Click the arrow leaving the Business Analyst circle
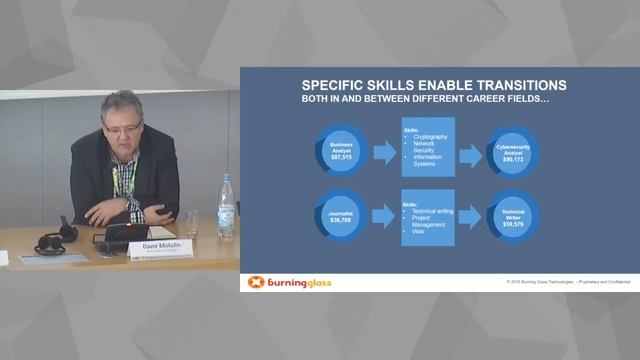pos(384,154)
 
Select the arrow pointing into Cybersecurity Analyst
pos(471,154)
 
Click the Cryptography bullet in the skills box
pos(430,136)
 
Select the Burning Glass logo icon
pos(256,282)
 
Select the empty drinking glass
pos(192,222)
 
